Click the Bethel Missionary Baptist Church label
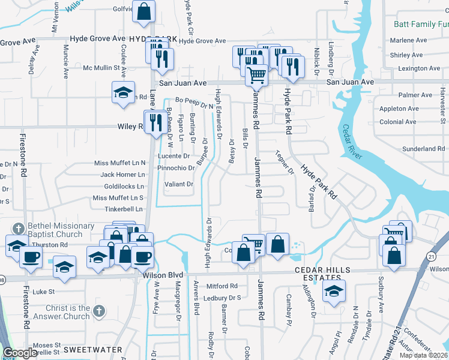pos(60,230)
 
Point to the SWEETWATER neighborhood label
pos(93,349)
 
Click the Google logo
pos(20,353)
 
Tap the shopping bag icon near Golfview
pos(144,11)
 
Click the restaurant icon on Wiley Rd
pos(155,122)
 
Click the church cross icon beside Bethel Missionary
pos(18,228)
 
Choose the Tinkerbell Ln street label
pos(122,209)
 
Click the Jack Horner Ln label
pos(122,175)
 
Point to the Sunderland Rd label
pos(424,148)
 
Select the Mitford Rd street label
pos(222,286)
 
